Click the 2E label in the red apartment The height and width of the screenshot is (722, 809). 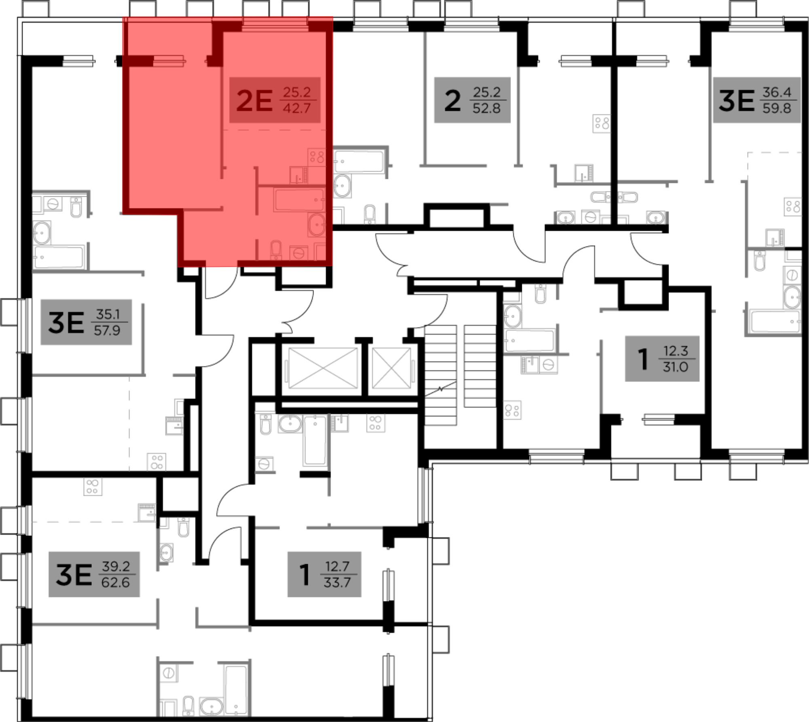coord(254,100)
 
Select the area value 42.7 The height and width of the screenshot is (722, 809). coord(296,108)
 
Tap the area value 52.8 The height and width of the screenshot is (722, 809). coord(487,108)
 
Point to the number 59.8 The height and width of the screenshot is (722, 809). coord(777,108)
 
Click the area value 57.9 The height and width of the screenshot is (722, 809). coord(107,331)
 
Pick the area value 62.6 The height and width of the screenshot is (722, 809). coord(115,583)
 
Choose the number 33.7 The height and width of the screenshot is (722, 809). coord(337,583)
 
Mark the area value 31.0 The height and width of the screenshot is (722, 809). coord(676,367)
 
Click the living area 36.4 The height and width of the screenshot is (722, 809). coord(777,92)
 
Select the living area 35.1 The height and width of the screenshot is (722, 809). coord(108,314)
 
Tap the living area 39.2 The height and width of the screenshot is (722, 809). coord(116,567)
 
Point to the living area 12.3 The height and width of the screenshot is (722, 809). coord(676,351)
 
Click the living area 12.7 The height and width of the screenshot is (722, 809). coord(337,567)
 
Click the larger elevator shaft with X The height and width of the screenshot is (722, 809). coord(323,368)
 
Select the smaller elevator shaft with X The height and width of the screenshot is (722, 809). coord(391,368)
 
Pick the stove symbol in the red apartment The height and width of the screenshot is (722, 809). coord(317,156)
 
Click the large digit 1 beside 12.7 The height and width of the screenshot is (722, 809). coord(305,575)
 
